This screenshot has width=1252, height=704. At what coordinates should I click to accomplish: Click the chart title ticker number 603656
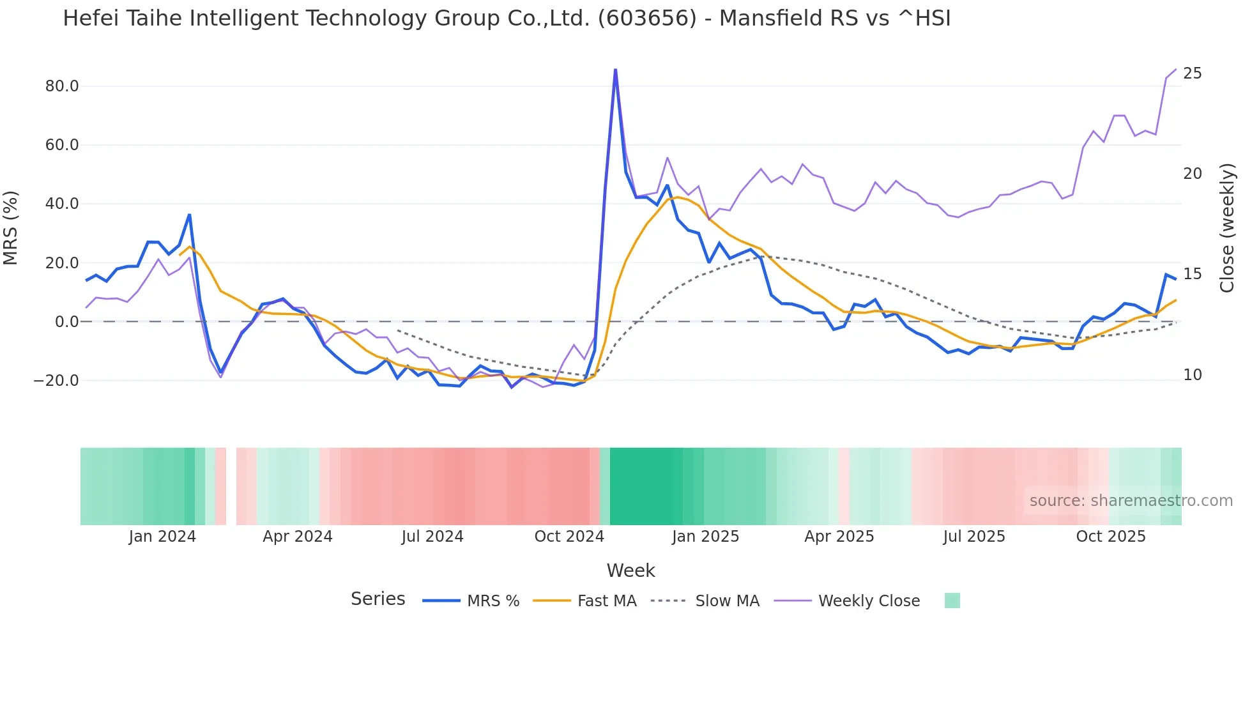click(647, 19)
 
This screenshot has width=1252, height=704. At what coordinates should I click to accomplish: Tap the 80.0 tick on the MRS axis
click(62, 86)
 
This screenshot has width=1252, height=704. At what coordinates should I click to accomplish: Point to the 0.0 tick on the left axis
click(66, 322)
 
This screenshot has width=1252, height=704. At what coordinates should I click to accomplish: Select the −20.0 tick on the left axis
click(56, 381)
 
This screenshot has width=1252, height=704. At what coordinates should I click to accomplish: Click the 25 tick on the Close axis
click(1192, 73)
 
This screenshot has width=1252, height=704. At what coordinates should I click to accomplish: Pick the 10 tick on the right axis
click(1192, 375)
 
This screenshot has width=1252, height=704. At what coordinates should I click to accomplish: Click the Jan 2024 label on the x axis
click(162, 537)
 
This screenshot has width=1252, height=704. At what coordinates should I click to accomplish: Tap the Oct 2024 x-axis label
click(569, 537)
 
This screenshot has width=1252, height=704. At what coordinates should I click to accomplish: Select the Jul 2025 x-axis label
click(974, 537)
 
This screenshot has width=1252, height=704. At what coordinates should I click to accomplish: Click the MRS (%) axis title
click(11, 228)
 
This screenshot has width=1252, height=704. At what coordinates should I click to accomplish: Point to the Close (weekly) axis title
click(1227, 228)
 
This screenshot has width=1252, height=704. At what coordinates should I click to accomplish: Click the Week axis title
click(630, 570)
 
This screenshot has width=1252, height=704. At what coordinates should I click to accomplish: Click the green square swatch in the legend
click(952, 601)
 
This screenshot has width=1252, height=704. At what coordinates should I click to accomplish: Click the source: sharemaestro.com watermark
click(1131, 501)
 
